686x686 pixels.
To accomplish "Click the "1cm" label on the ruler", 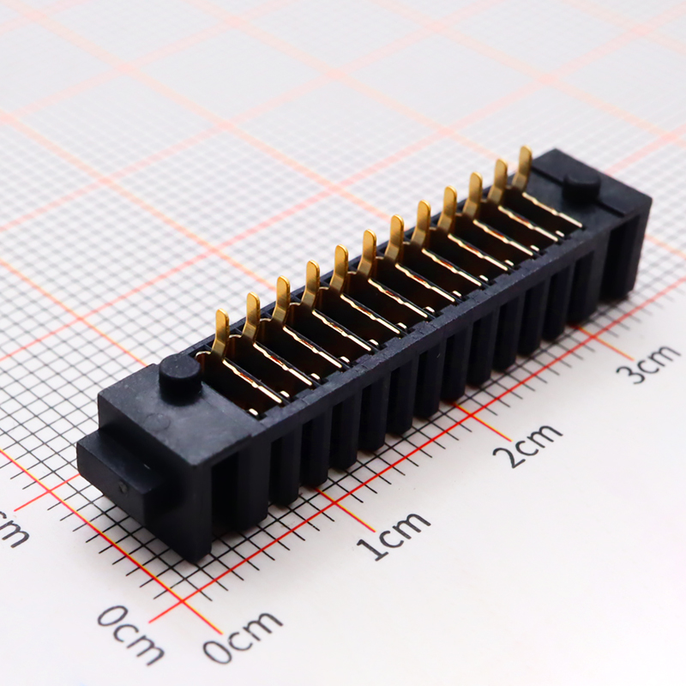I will [x=394, y=533].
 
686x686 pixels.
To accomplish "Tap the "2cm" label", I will [x=533, y=443].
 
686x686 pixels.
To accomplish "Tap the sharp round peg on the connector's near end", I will [x=180, y=376].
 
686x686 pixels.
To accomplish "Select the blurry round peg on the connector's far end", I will [x=581, y=186].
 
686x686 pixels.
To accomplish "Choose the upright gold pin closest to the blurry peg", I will [x=522, y=166].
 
